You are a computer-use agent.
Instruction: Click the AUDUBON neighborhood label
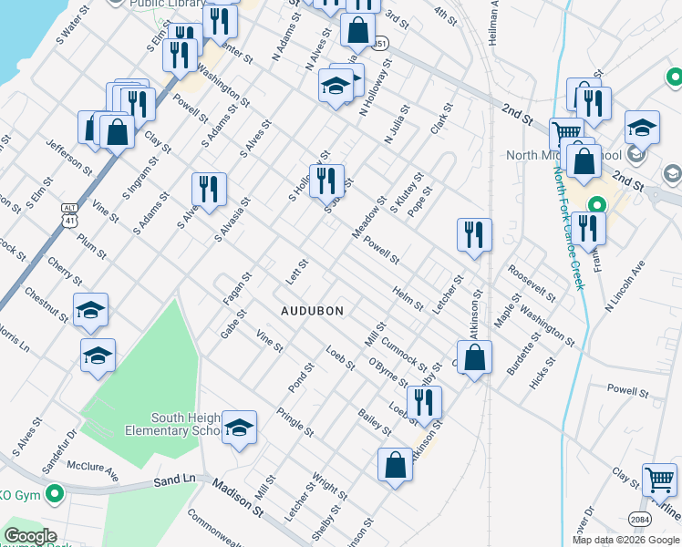tap(312, 311)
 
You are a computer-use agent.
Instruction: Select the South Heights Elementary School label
tap(186, 424)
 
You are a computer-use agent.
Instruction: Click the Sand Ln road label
tap(175, 479)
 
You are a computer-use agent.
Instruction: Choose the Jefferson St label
tap(69, 156)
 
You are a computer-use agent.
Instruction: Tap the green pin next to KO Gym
tap(55, 495)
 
